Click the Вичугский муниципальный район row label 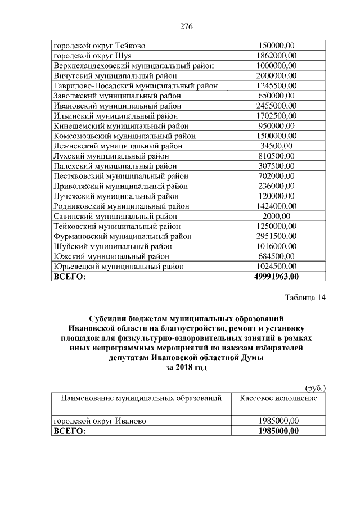click(x=115, y=75)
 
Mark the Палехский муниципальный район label click(x=115, y=166)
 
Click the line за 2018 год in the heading click(x=186, y=368)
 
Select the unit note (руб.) click(x=315, y=388)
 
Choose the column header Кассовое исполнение click(x=278, y=398)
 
